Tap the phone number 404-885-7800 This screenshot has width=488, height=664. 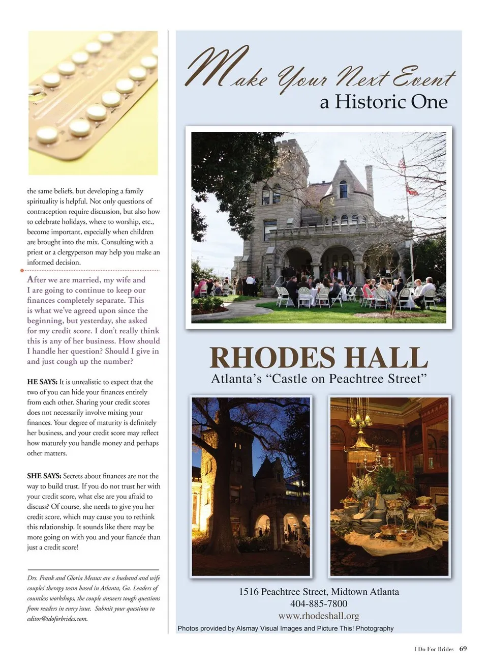[319, 603]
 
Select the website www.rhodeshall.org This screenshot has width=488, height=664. [319, 616]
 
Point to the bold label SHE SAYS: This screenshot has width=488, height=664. [44, 476]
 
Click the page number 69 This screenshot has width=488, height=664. [463, 649]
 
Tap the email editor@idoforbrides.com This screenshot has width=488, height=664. [57, 619]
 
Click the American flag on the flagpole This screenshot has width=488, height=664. [402, 163]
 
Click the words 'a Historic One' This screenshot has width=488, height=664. [384, 102]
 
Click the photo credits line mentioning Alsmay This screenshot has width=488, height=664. [285, 628]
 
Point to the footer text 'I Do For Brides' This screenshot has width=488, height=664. [434, 649]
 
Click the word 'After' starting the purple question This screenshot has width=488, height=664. [36, 279]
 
